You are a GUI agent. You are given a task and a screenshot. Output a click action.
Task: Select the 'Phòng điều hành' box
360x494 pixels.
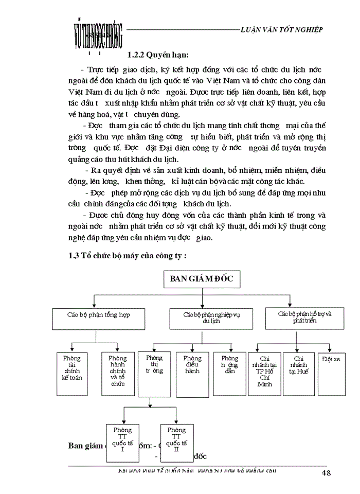click(192, 373)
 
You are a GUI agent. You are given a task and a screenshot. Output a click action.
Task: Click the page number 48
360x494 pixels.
click(327, 473)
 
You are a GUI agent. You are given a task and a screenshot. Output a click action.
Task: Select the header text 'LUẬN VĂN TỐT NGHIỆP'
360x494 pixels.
click(282, 29)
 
